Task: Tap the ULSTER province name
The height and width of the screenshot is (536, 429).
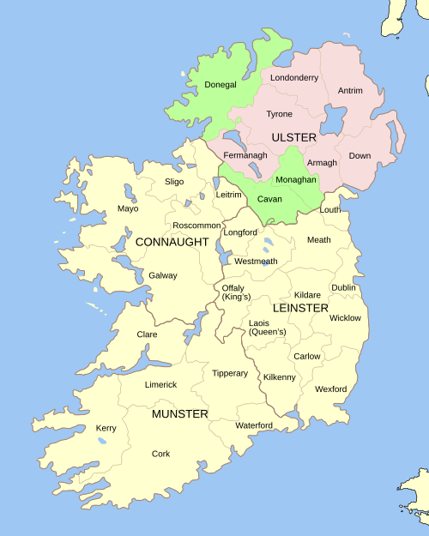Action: tap(294, 137)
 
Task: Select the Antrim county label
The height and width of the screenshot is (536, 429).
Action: tap(350, 90)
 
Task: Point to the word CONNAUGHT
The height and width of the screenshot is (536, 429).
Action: tap(172, 242)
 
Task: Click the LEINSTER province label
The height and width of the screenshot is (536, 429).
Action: tap(300, 307)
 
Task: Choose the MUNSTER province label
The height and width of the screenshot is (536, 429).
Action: tap(180, 414)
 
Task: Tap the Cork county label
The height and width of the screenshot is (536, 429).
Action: tap(160, 454)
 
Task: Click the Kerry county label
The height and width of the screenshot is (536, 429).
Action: tap(106, 428)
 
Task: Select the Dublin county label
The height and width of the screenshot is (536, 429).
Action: tap(343, 287)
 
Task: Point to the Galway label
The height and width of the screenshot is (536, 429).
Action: tap(163, 275)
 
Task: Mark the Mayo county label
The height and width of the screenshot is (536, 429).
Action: tap(128, 208)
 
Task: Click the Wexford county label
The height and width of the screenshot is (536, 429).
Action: tap(330, 388)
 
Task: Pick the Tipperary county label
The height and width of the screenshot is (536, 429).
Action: tap(230, 373)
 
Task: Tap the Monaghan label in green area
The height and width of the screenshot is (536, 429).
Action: tap(296, 180)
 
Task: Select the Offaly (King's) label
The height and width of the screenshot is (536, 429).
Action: tap(236, 292)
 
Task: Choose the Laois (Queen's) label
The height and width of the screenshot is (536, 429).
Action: tap(267, 327)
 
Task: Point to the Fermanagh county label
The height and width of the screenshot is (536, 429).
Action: tap(245, 155)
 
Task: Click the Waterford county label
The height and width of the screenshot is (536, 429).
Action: tap(254, 425)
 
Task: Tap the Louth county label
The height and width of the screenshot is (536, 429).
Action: tap(330, 209)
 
